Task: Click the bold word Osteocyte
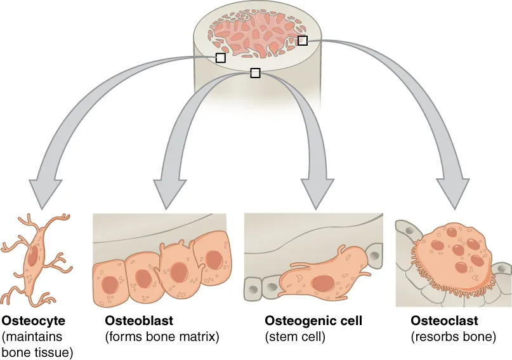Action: click(x=34, y=321)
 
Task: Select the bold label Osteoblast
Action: click(x=139, y=321)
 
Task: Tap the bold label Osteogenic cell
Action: click(x=313, y=321)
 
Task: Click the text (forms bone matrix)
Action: click(x=162, y=337)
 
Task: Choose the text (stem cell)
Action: click(x=294, y=337)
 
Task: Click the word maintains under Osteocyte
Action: click(x=40, y=337)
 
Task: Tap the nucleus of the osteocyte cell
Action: click(x=33, y=257)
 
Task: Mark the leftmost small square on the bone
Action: click(x=220, y=58)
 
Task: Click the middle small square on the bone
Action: click(x=255, y=73)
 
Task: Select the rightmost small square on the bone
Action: click(x=303, y=41)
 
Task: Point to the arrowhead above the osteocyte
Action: click(x=42, y=194)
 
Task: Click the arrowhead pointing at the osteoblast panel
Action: click(x=168, y=194)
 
